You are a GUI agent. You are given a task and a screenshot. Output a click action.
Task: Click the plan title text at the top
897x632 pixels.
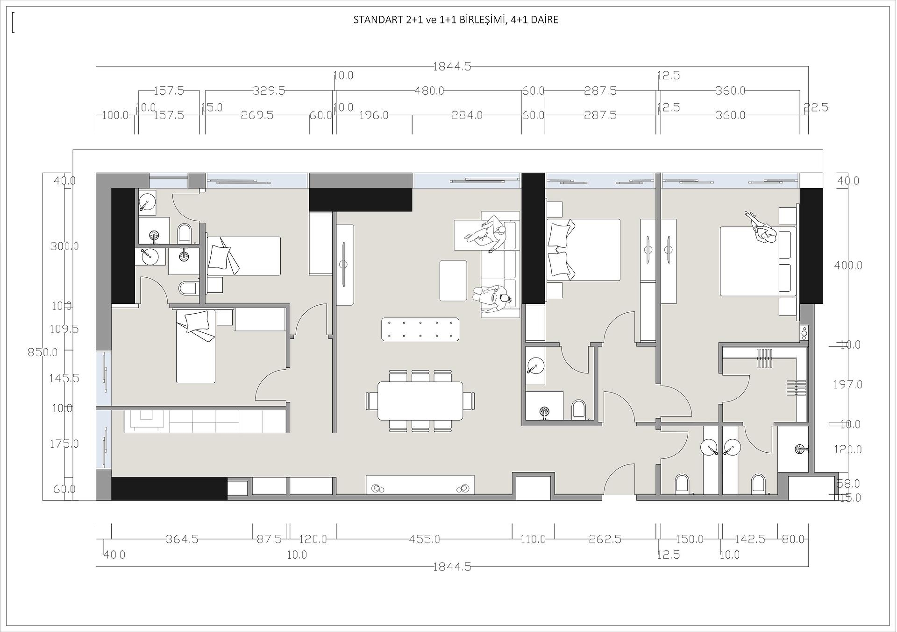click(456, 20)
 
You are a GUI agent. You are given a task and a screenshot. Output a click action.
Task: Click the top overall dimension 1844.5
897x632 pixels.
click(451, 66)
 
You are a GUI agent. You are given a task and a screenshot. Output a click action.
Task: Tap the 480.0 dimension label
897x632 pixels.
click(429, 91)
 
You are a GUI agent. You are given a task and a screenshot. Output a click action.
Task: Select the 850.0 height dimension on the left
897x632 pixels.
click(43, 352)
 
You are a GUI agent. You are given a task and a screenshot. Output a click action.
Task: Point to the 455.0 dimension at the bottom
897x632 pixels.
click(424, 539)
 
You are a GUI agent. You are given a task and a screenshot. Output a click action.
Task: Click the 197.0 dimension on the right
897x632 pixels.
click(847, 385)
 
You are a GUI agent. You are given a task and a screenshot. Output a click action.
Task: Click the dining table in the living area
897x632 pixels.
click(420, 400)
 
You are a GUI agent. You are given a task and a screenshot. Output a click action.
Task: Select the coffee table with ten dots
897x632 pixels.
click(420, 329)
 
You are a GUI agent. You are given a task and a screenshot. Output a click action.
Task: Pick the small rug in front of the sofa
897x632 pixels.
click(453, 281)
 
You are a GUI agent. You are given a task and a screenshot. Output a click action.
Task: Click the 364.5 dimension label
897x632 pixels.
click(182, 539)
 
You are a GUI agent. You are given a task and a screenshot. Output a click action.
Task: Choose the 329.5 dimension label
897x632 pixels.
click(269, 91)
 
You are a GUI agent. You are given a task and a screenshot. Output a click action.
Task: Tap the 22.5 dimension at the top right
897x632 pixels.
click(816, 107)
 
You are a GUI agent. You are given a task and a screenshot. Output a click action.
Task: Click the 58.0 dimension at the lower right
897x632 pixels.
click(848, 484)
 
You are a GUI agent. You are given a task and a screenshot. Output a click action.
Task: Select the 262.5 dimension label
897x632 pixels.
click(605, 539)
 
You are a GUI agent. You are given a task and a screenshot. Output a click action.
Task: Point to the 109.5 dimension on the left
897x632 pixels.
click(64, 329)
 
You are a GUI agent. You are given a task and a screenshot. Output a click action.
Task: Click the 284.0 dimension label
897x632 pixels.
click(466, 115)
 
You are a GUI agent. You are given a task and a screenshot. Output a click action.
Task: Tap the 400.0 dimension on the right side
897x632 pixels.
click(848, 265)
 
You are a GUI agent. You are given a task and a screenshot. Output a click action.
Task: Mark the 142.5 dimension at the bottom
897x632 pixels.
click(749, 539)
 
